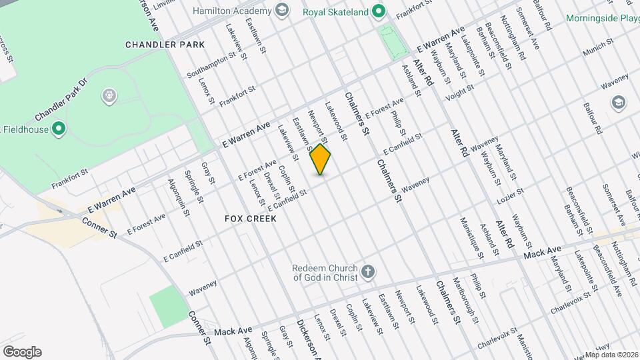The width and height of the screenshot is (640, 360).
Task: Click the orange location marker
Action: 321,159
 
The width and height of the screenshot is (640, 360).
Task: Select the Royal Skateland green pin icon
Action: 378,11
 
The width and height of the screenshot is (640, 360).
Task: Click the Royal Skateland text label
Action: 336,11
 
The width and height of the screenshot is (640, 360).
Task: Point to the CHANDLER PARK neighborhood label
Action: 165,45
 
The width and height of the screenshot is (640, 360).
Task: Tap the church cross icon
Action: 367,272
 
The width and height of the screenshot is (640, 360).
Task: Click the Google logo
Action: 22,352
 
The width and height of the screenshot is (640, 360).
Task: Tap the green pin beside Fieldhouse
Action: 59,128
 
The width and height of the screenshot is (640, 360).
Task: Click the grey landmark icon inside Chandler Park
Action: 109,97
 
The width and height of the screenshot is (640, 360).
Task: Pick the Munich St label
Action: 597,49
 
